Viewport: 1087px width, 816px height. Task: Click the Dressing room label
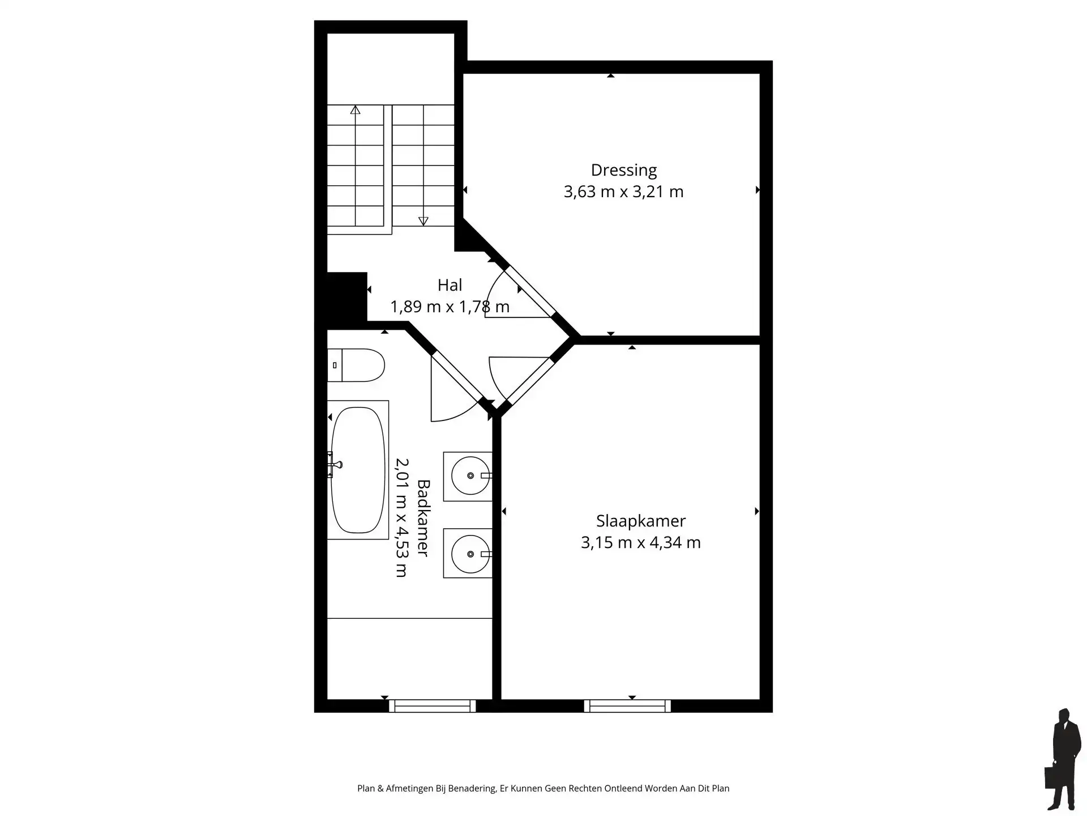point(623,170)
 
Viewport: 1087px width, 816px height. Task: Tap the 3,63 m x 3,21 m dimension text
point(623,192)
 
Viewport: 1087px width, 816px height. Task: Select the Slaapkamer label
point(640,521)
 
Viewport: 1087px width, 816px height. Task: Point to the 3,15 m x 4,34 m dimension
point(640,542)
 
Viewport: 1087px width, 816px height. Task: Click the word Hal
point(450,285)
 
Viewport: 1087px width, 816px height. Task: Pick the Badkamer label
point(423,518)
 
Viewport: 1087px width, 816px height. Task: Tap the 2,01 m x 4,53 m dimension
point(401,518)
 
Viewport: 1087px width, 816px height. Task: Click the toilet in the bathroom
point(357,365)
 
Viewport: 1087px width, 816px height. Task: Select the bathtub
point(357,470)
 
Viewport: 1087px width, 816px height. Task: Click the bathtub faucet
point(335,465)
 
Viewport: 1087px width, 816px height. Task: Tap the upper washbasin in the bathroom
point(468,476)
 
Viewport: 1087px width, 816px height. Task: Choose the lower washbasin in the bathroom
point(468,553)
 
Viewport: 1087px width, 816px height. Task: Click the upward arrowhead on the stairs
point(355,110)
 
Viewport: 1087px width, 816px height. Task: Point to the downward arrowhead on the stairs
point(423,221)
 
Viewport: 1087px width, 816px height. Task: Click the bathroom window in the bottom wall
point(433,705)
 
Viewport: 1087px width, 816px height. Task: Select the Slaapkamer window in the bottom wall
point(627,705)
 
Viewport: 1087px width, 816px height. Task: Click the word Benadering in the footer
point(472,788)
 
